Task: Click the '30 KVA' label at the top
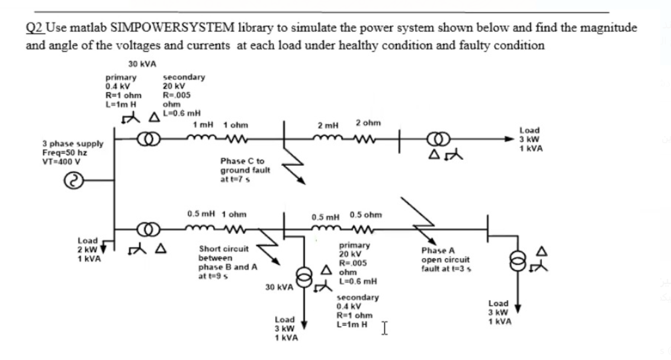tap(142, 64)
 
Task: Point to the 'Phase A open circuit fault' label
tap(445, 259)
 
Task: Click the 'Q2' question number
tap(34, 28)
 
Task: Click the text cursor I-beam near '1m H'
tap(385, 326)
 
